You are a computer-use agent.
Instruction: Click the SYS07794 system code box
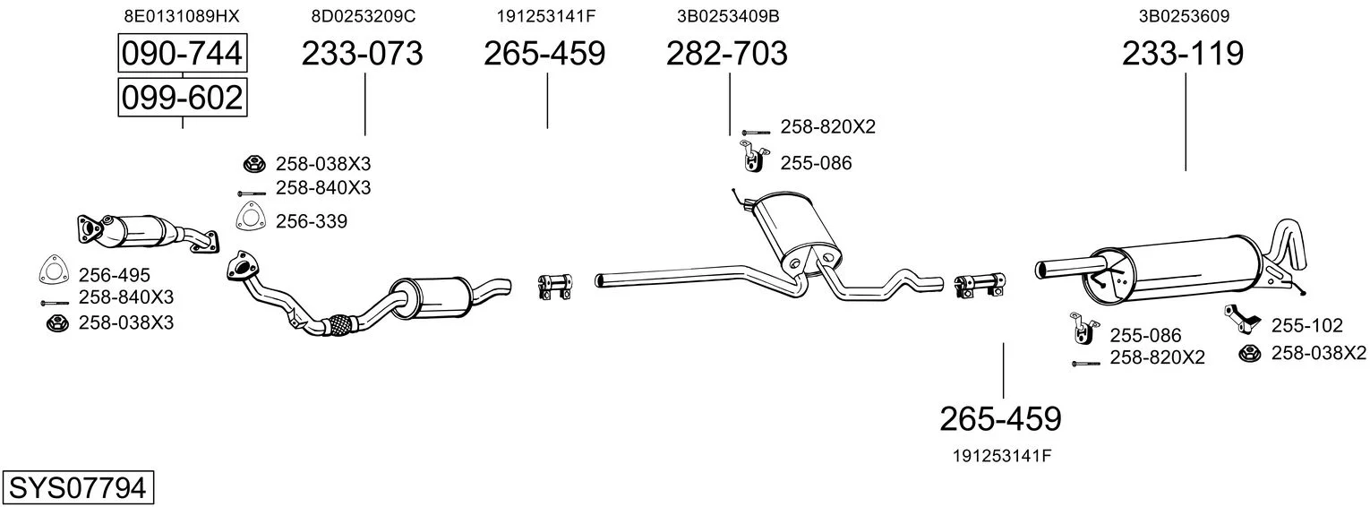[78, 487]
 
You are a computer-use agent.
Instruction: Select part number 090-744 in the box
[183, 53]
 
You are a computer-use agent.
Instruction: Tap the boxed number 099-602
[183, 98]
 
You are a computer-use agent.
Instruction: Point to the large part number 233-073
[362, 53]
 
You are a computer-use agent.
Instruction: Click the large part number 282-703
[726, 53]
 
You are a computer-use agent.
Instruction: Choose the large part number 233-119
[1183, 53]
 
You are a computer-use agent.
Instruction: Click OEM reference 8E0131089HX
[182, 16]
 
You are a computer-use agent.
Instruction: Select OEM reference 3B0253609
[1184, 16]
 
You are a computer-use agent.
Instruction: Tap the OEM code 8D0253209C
[364, 16]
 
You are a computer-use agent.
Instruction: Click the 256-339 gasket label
[312, 221]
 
